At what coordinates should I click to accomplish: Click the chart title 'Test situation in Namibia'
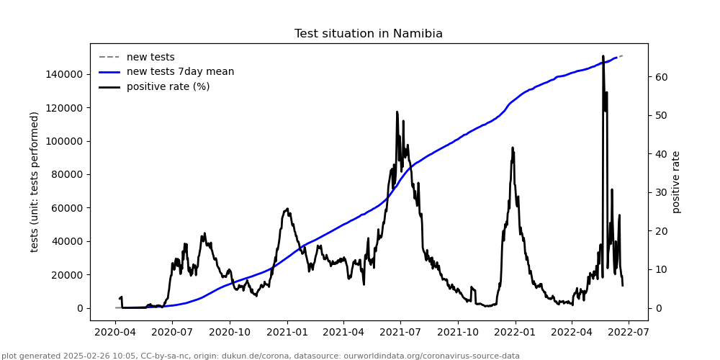click(x=368, y=34)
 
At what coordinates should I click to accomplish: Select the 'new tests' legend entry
click(x=150, y=57)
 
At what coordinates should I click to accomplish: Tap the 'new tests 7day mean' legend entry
click(x=180, y=71)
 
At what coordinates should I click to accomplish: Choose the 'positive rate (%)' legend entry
click(x=168, y=86)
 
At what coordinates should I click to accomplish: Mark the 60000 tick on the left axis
click(x=64, y=208)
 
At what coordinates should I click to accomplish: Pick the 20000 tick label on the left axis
click(x=64, y=275)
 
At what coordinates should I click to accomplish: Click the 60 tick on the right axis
click(x=661, y=77)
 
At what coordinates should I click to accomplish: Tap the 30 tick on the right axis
click(x=661, y=192)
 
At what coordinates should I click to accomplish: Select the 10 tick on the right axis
click(x=661, y=269)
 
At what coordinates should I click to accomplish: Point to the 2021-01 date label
click(x=287, y=332)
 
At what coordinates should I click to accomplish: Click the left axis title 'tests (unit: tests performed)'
click(x=35, y=181)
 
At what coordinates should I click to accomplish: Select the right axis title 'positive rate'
click(x=676, y=181)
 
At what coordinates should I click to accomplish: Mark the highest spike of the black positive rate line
click(x=603, y=55)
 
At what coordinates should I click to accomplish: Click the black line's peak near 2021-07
click(x=397, y=112)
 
